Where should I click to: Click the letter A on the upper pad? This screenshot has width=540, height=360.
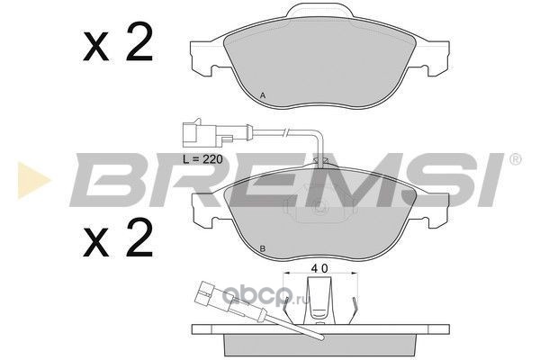click(263, 95)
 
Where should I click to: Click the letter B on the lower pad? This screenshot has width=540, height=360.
click(263, 248)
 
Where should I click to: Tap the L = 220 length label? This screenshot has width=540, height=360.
click(202, 159)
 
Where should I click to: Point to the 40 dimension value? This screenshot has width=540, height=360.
click(319, 268)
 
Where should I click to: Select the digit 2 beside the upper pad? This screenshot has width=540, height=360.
click(139, 41)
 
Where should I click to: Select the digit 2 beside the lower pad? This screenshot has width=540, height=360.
click(139, 238)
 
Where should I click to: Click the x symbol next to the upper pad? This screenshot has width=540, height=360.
click(95, 49)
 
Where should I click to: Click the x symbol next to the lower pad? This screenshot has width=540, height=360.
click(95, 244)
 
